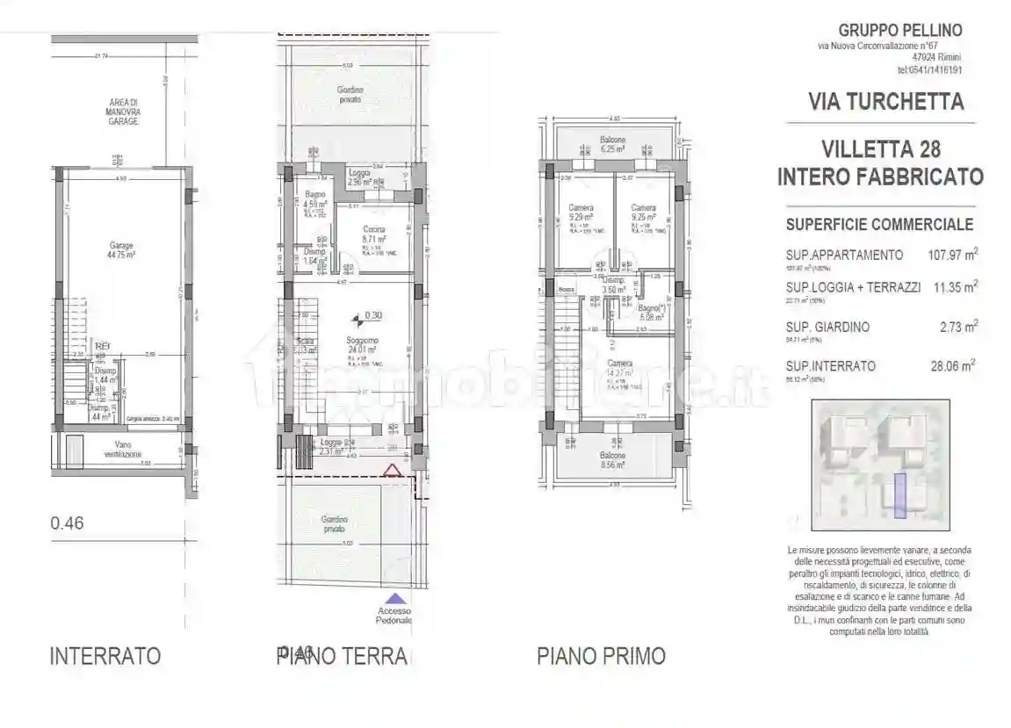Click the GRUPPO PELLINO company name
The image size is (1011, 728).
900,30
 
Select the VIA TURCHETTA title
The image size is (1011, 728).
885,101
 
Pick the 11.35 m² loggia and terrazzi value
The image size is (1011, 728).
956,286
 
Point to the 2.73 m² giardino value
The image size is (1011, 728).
958,327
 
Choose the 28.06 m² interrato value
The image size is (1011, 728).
952,365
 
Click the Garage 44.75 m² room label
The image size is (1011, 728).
121,250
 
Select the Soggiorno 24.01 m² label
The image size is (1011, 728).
362,344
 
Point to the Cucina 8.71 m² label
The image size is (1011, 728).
373,234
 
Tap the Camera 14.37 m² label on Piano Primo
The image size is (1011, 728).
620,368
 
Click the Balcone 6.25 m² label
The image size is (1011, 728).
612,145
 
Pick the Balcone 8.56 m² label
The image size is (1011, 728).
612,461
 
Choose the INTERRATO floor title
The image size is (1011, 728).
105,656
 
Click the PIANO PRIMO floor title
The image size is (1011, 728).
601,656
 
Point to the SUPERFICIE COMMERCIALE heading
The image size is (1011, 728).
879,224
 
